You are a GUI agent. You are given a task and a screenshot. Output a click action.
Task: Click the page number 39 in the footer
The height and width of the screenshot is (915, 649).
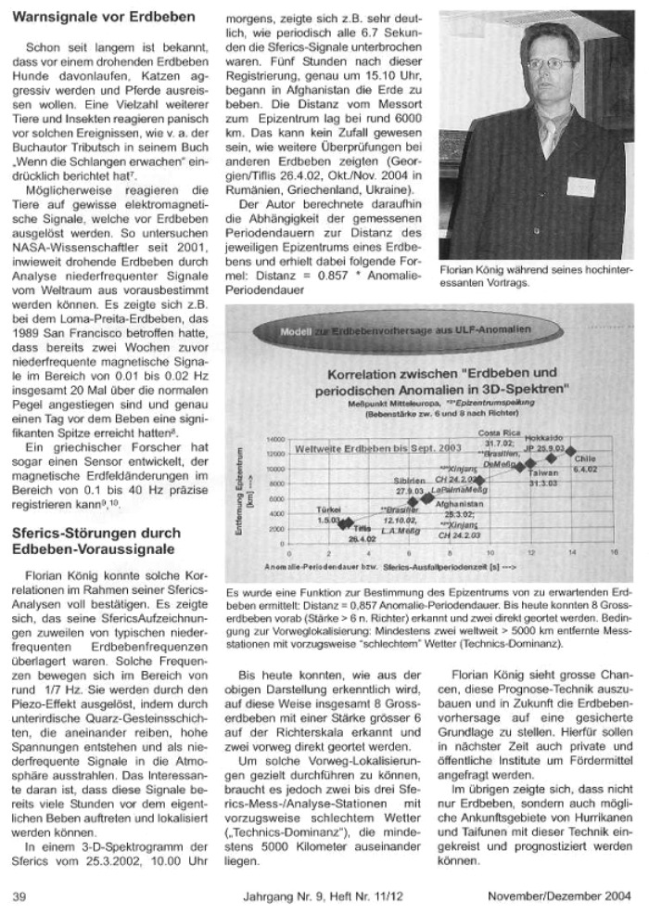[19, 896]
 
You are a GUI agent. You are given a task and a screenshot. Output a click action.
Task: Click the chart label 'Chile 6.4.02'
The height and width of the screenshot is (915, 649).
[585, 464]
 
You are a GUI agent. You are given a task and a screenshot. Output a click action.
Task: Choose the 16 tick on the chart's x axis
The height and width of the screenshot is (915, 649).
[614, 553]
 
